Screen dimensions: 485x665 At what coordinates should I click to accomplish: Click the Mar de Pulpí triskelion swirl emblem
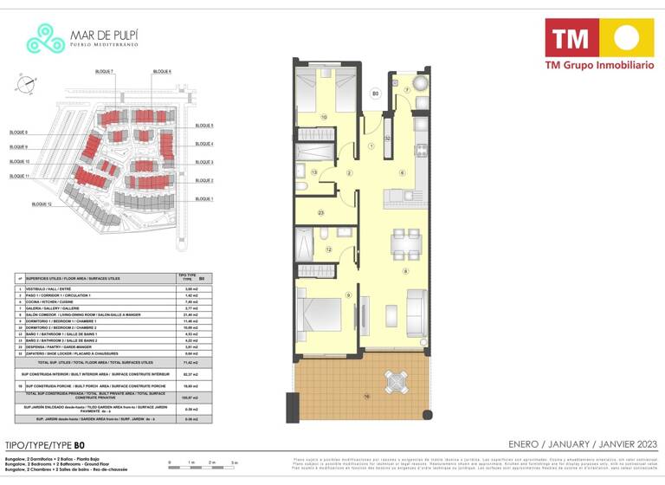pyautogui.click(x=45, y=37)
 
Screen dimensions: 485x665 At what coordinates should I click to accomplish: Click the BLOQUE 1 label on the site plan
pyautogui.click(x=204, y=198)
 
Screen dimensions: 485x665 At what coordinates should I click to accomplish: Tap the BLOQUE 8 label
pyautogui.click(x=19, y=133)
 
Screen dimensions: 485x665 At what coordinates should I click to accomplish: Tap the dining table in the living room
pyautogui.click(x=399, y=243)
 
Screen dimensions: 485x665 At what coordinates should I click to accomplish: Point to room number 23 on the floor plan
pyautogui.click(x=320, y=213)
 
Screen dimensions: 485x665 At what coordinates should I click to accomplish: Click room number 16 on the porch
pyautogui.click(x=367, y=397)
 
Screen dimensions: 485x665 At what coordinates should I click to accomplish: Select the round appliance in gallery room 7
pyautogui.click(x=418, y=83)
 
